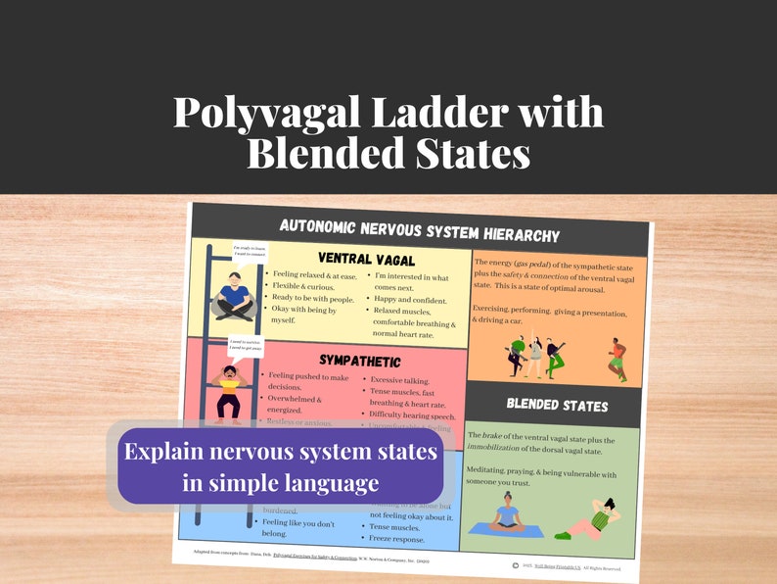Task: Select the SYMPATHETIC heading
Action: click(x=359, y=361)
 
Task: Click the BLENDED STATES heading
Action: click(x=557, y=405)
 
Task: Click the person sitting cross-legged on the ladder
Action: click(x=235, y=296)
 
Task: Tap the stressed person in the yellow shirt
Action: click(x=229, y=390)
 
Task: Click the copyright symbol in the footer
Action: click(x=516, y=564)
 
